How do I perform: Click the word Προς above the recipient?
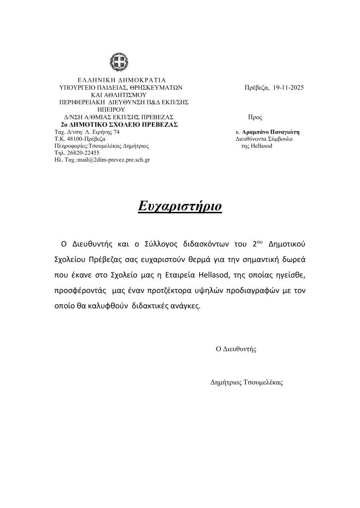click(x=255, y=118)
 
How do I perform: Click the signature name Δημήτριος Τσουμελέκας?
click(x=247, y=382)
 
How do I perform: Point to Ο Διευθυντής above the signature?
click(x=236, y=349)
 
